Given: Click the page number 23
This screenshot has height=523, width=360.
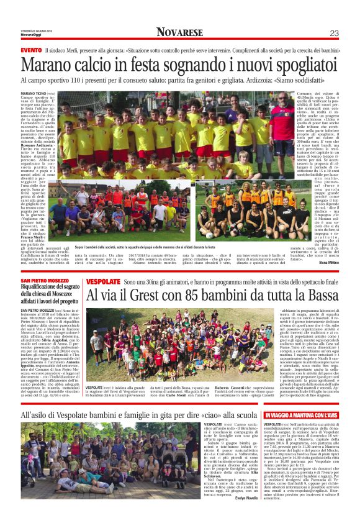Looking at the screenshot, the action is [334, 32].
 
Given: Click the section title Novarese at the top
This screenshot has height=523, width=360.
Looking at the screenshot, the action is [179, 32].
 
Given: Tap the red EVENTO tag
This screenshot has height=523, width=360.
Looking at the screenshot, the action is [31, 49].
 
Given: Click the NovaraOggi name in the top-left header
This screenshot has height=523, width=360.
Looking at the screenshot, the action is [29, 35].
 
